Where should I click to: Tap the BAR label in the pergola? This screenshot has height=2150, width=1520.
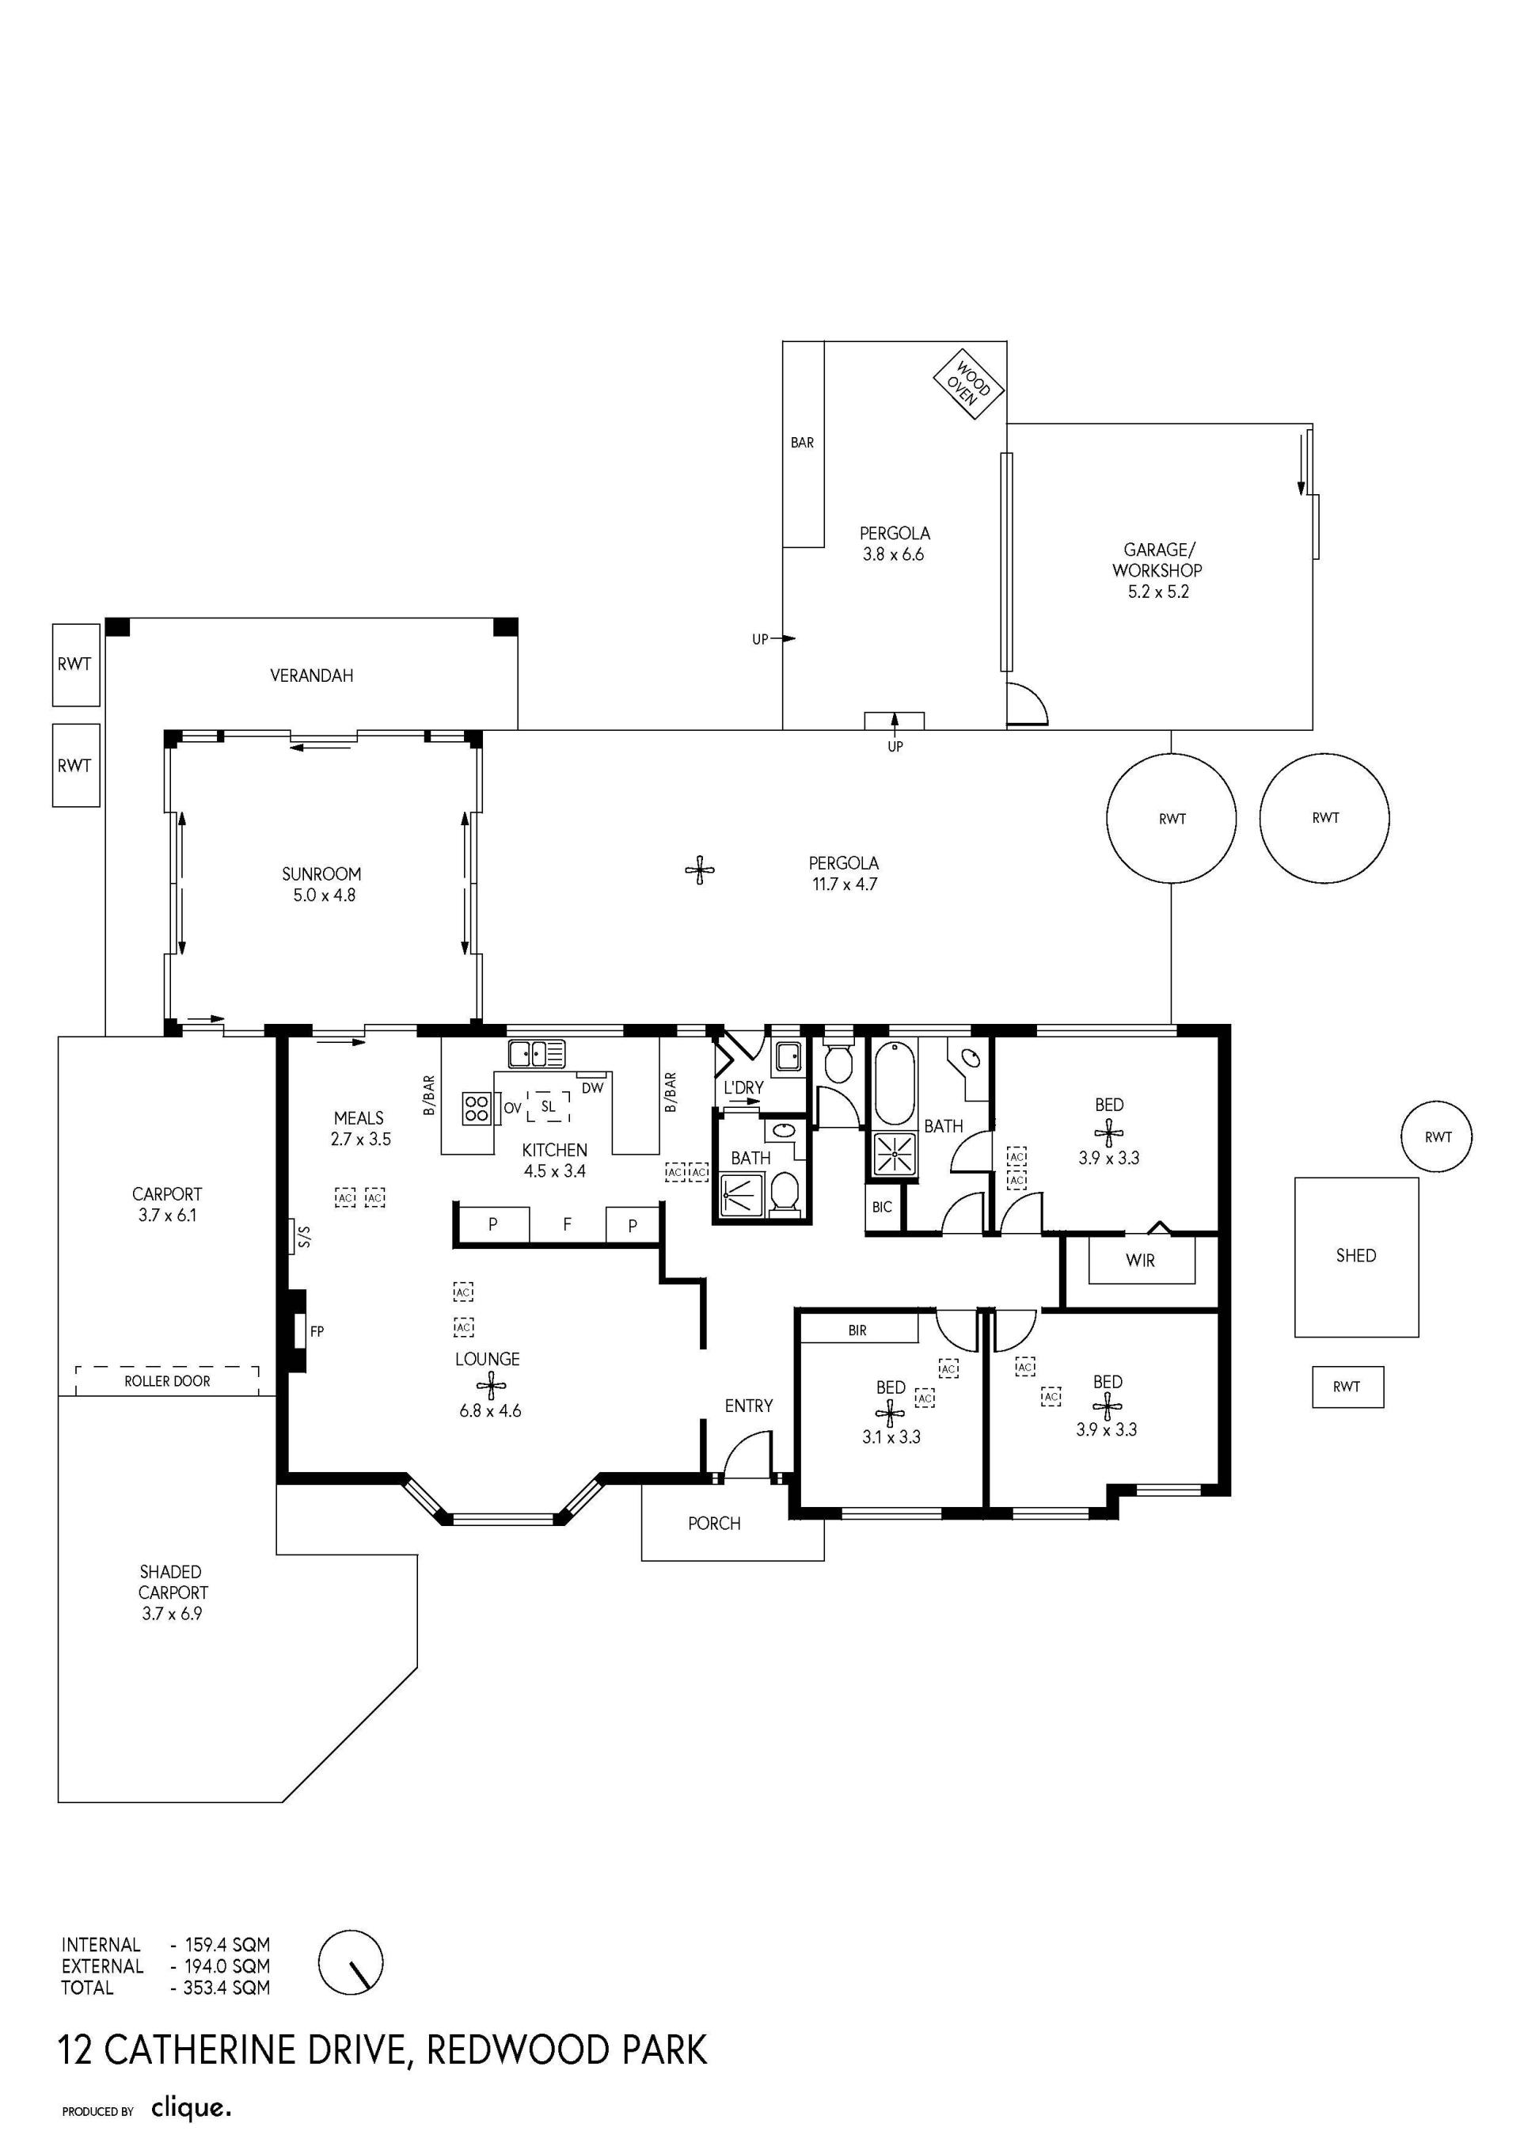[x=802, y=443]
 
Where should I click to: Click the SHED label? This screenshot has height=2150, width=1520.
[x=1355, y=1256]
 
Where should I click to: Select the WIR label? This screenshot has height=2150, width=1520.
[x=1140, y=1261]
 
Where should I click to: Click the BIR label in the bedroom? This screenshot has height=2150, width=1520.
[x=857, y=1330]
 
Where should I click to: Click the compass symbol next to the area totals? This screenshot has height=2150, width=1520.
[x=351, y=1963]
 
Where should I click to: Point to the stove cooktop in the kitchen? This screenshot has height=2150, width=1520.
[x=477, y=1109]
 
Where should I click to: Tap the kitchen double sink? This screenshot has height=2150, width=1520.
[x=538, y=1053]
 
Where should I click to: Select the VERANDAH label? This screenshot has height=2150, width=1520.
[x=312, y=675]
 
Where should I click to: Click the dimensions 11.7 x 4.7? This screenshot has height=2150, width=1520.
[x=844, y=884]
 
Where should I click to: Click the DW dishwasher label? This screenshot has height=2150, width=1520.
[x=592, y=1088]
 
